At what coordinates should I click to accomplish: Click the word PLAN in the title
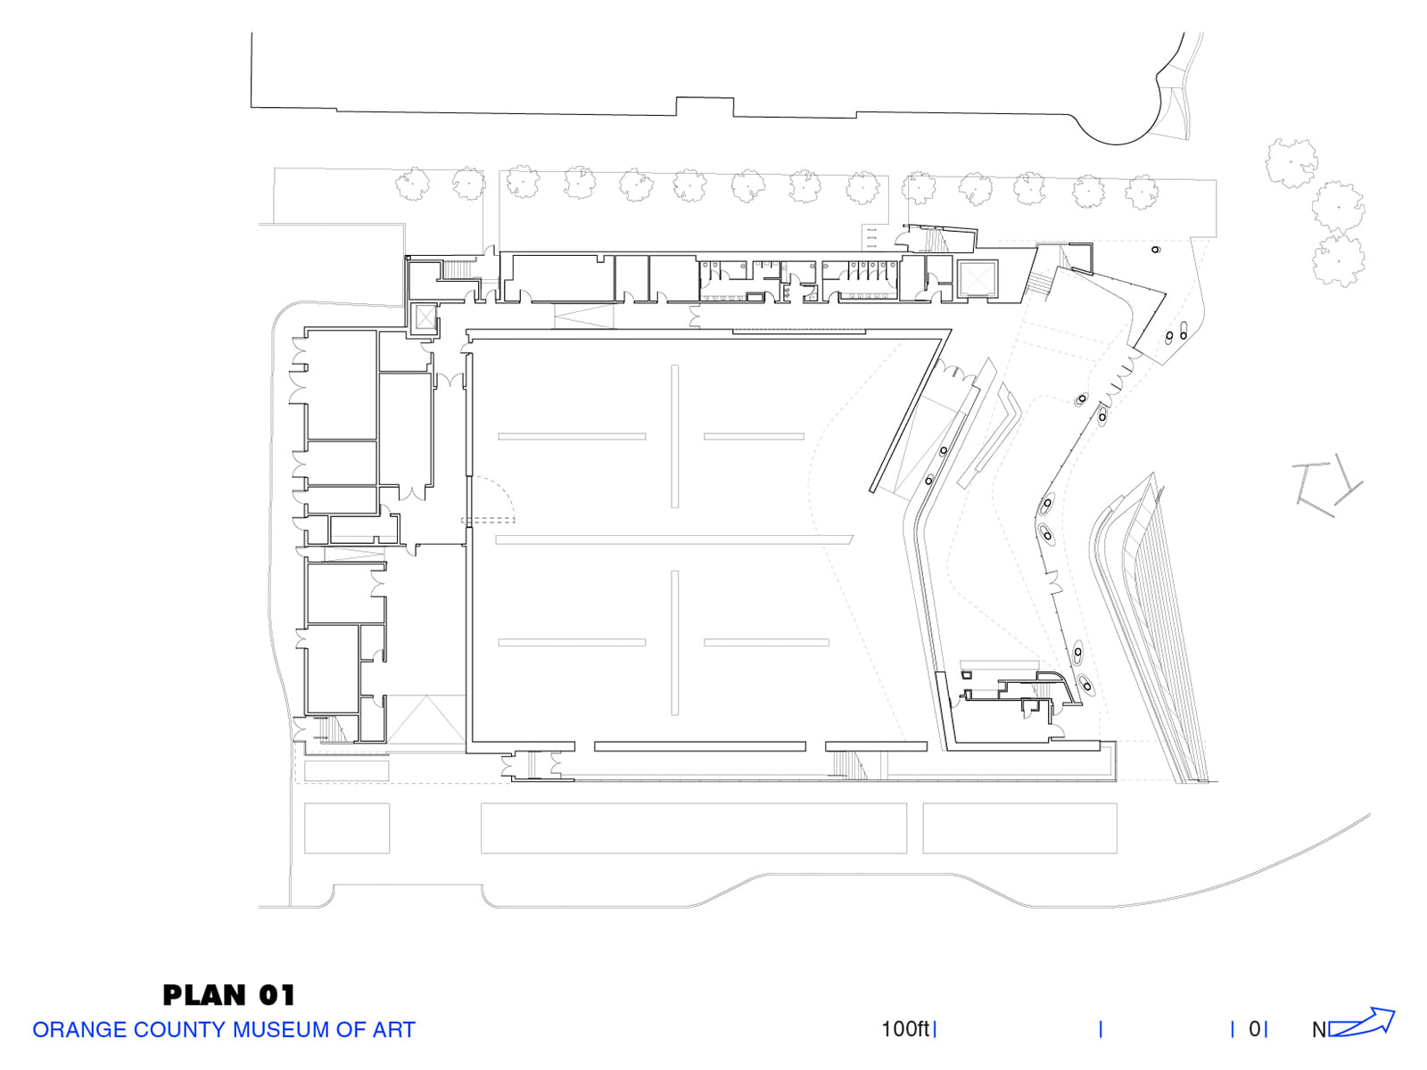click(x=204, y=995)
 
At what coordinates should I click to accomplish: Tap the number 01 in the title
click(x=277, y=995)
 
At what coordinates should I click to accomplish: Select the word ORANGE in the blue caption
click(x=79, y=1030)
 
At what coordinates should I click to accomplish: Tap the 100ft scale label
click(x=905, y=1029)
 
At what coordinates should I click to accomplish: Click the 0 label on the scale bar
click(x=1255, y=1029)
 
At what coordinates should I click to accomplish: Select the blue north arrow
click(x=1362, y=1023)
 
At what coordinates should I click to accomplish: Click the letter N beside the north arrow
click(x=1319, y=1031)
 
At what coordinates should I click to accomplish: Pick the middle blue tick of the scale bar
click(x=1101, y=1030)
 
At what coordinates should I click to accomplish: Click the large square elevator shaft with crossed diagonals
click(x=977, y=279)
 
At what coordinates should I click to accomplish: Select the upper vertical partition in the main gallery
click(x=675, y=437)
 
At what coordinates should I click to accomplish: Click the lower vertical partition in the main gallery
click(x=675, y=643)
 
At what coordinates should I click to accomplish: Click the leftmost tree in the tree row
click(x=412, y=185)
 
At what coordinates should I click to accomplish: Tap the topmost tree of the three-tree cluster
click(x=1291, y=163)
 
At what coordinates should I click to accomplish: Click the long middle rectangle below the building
click(x=694, y=828)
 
